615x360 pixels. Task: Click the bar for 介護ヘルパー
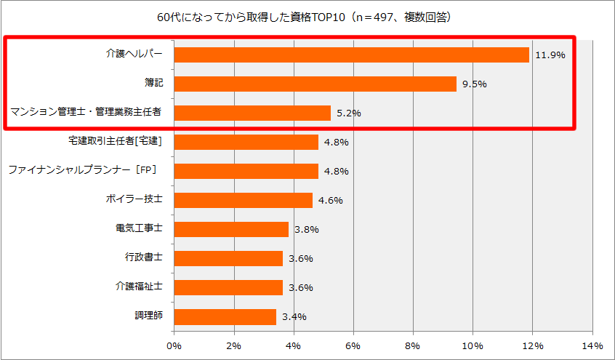pyautogui.click(x=351, y=55)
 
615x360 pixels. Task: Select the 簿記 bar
pyautogui.click(x=315, y=84)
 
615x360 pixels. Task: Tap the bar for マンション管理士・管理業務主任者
pyautogui.click(x=252, y=113)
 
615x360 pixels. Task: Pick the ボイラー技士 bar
pyautogui.click(x=243, y=200)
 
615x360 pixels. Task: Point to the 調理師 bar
pyautogui.click(x=225, y=316)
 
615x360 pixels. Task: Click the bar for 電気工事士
pyautogui.click(x=231, y=229)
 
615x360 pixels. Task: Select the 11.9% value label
pyautogui.click(x=550, y=55)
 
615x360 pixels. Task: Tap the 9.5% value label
pyautogui.click(x=474, y=84)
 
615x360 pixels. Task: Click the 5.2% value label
pyautogui.click(x=349, y=113)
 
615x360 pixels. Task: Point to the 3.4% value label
pyautogui.click(x=294, y=316)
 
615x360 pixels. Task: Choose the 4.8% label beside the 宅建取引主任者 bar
pyautogui.click(x=337, y=142)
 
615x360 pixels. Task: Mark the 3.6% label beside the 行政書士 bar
pyautogui.click(x=301, y=258)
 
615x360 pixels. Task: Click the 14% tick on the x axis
pyautogui.click(x=592, y=345)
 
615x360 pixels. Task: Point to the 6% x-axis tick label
pyautogui.click(x=353, y=345)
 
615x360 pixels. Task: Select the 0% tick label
pyautogui.click(x=174, y=345)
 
